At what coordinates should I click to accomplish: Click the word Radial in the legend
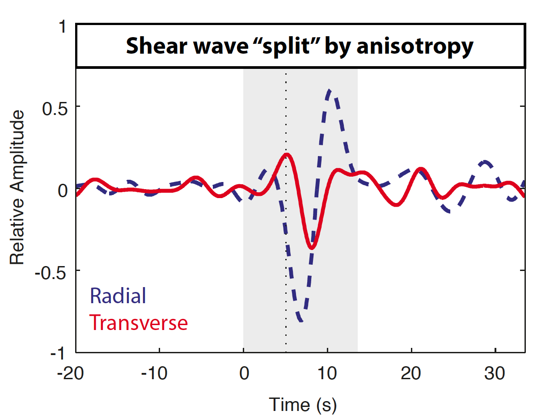118,296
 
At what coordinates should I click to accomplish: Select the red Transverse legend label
139,322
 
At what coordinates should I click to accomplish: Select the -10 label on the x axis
156,373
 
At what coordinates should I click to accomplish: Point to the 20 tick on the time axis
411,373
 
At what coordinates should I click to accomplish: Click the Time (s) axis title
303,405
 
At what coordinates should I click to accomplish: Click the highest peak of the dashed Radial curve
329,91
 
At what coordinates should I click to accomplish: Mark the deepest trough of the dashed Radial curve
301,320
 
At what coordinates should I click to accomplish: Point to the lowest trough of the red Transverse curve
312,247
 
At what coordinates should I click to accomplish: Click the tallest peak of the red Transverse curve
286,155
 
